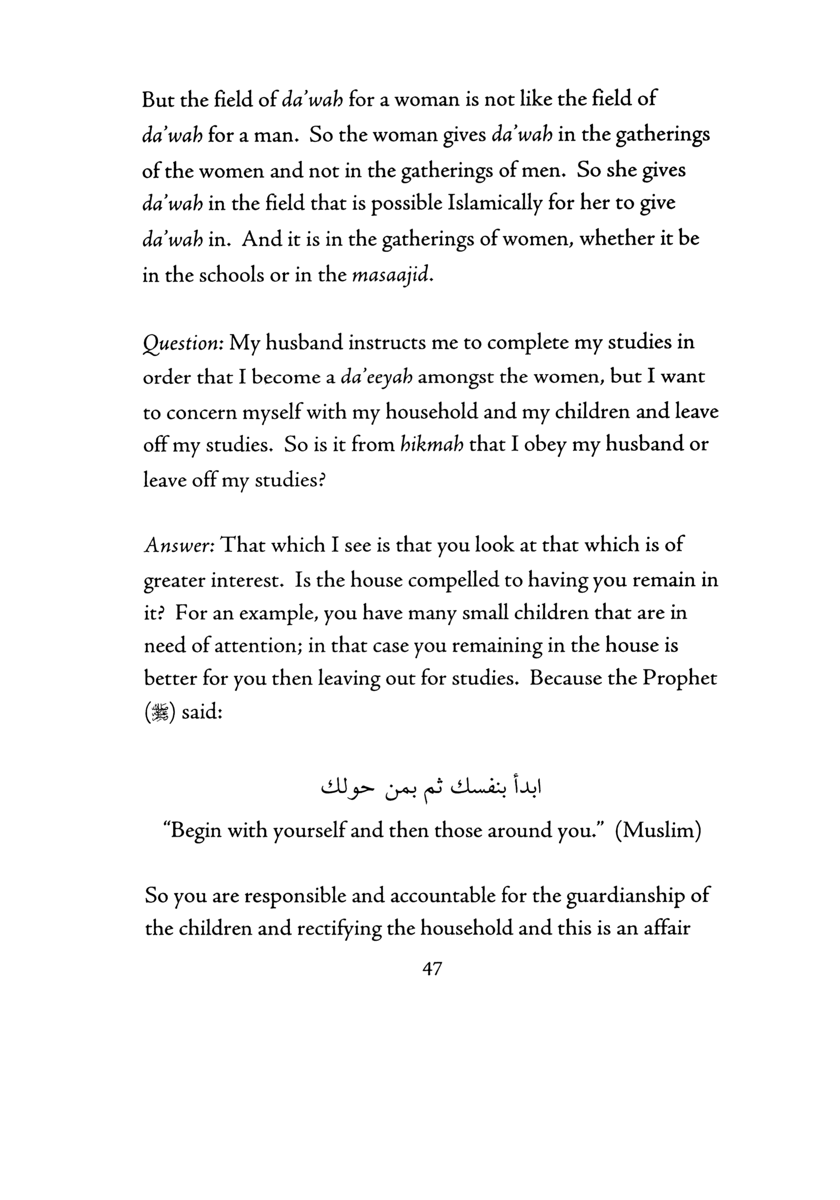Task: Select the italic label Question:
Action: pos(183,343)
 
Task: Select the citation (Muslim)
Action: pos(658,830)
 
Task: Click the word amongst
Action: pos(456,377)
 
